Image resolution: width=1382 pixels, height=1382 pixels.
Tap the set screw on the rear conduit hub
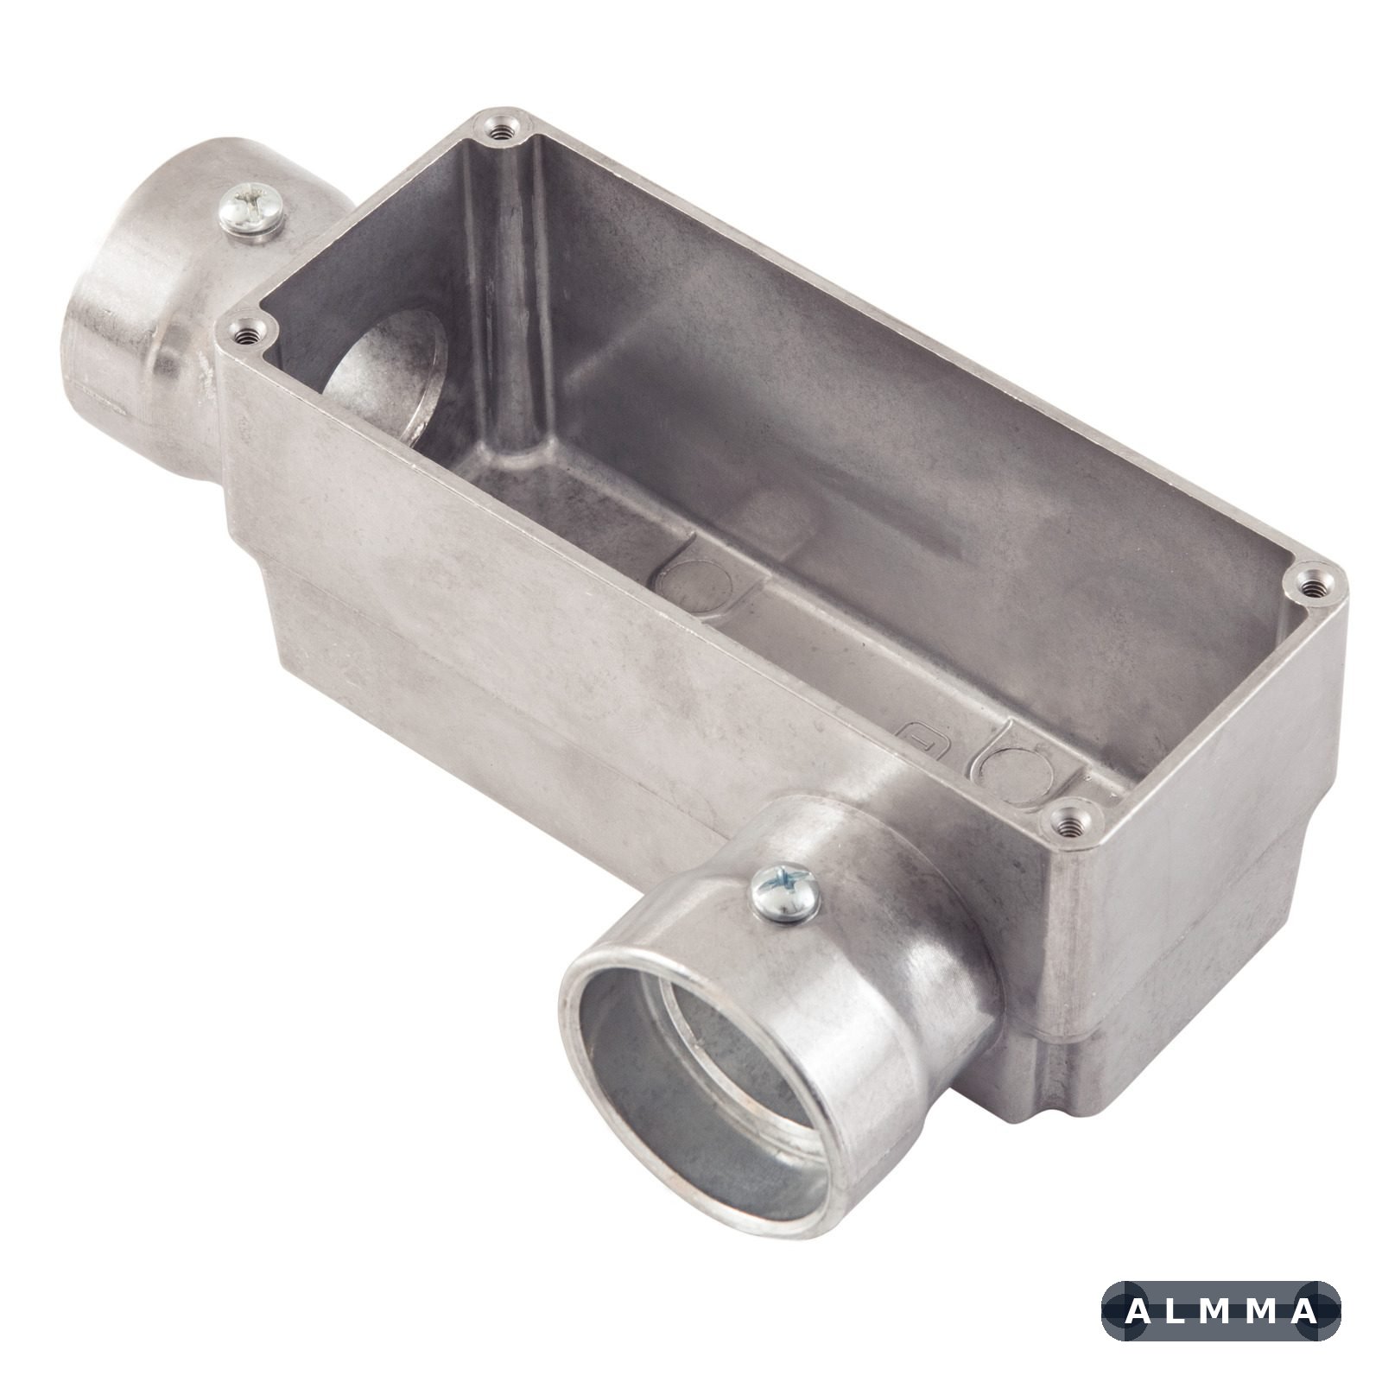point(252,211)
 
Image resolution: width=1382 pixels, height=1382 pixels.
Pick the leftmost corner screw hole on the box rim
point(245,333)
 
